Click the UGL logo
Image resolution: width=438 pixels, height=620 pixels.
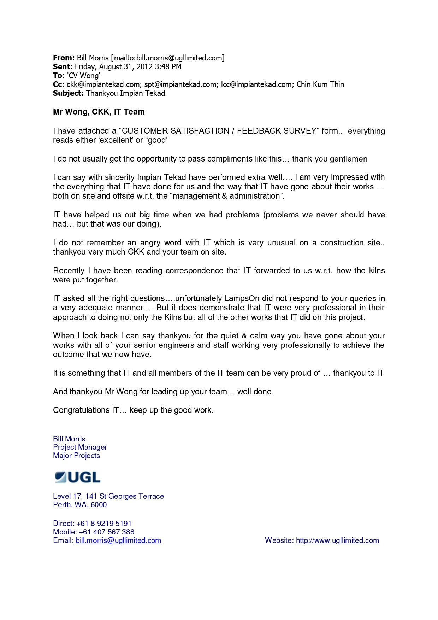(x=77, y=477)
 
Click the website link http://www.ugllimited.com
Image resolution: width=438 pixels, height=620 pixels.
(x=337, y=540)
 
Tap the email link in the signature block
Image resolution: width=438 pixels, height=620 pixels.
(x=118, y=540)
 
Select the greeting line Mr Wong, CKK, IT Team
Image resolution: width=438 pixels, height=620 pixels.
(x=99, y=112)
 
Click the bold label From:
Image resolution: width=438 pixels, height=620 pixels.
(x=64, y=58)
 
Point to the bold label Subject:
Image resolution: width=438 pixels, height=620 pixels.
(x=68, y=93)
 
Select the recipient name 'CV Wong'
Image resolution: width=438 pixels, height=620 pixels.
(x=83, y=76)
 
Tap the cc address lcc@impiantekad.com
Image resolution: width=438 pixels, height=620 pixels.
(x=257, y=84)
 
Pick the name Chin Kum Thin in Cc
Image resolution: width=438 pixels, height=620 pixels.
(x=320, y=84)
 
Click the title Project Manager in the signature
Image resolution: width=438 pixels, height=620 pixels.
(x=80, y=447)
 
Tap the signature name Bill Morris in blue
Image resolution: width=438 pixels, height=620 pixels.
(x=69, y=439)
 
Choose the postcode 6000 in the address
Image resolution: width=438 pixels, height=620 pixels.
(x=99, y=505)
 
